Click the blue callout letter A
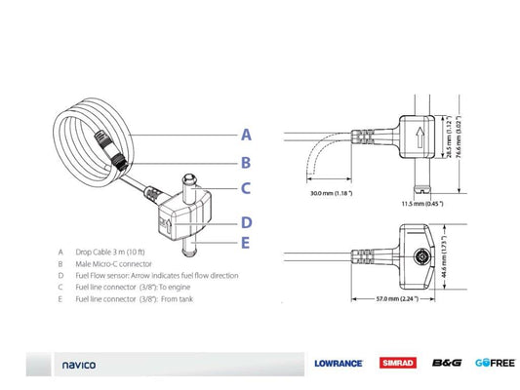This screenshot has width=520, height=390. coord(246,135)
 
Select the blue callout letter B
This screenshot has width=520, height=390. coord(246,163)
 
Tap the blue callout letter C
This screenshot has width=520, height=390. coord(246,189)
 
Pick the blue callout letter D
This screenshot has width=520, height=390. coord(246,221)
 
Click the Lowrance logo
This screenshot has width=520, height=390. coord(339,364)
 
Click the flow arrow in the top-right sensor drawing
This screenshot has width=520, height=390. coord(420,136)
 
